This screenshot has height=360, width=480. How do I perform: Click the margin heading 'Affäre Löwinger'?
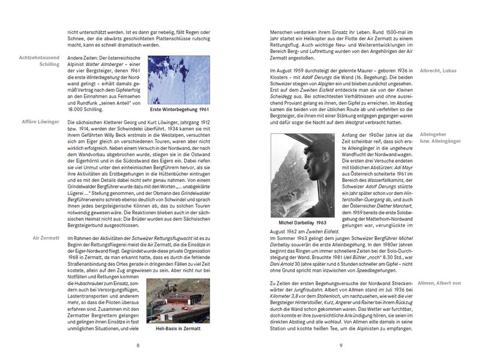pos(41,122)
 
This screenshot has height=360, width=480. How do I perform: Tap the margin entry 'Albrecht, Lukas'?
pos(437,71)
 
